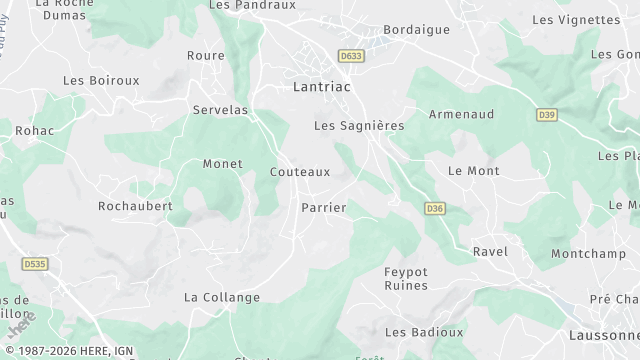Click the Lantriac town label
coord(321,87)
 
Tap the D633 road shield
coord(350,57)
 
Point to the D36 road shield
coord(434,208)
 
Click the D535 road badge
coord(34,264)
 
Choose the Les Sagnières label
coord(359,126)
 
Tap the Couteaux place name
coord(300,172)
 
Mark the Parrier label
coord(323,208)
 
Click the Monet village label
coord(222,164)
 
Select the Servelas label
coord(220,110)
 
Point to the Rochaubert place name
coord(135,206)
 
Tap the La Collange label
coord(222,297)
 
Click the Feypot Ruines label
coord(406,278)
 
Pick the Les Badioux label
coord(424,332)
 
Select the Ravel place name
coord(490,251)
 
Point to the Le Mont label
coord(473,171)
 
